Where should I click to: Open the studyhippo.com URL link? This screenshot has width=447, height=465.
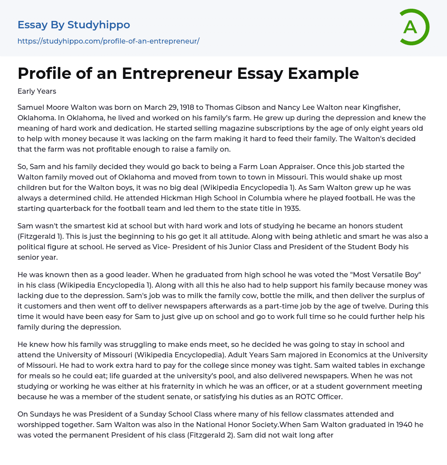click(x=108, y=41)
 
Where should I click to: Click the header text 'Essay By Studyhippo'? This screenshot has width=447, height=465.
click(x=74, y=25)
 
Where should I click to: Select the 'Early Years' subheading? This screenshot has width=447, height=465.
click(x=37, y=91)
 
